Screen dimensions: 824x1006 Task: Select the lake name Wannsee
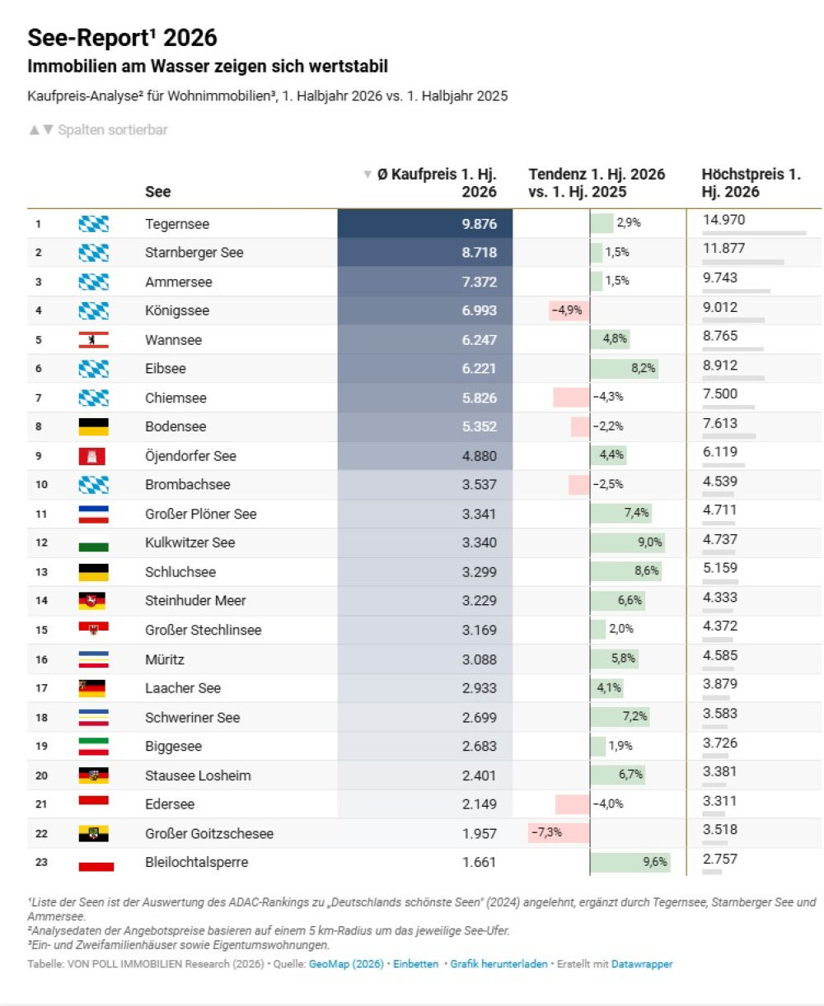point(173,340)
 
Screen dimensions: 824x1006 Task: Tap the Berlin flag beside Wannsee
point(94,340)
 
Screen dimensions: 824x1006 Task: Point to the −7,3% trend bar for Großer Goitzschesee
point(558,832)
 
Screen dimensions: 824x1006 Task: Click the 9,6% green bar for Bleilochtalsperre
point(630,861)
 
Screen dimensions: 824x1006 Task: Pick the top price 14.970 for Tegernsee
point(723,220)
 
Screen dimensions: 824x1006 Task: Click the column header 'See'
point(157,192)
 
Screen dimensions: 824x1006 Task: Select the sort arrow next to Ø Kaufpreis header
point(368,175)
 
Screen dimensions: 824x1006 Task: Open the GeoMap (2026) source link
point(346,963)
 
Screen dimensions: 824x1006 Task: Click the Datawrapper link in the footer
point(642,963)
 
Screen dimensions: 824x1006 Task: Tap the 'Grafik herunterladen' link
point(499,963)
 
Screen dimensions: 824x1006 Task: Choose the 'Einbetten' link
point(415,963)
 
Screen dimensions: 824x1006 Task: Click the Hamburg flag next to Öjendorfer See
point(91,456)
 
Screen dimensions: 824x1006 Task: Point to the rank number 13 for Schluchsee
point(41,572)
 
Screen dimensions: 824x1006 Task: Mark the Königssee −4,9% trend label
point(567,310)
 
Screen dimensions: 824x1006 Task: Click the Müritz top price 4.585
point(720,655)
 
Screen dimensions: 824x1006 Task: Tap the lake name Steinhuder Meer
point(195,600)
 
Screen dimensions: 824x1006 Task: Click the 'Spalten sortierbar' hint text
point(113,130)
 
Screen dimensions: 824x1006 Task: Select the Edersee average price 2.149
point(479,803)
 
